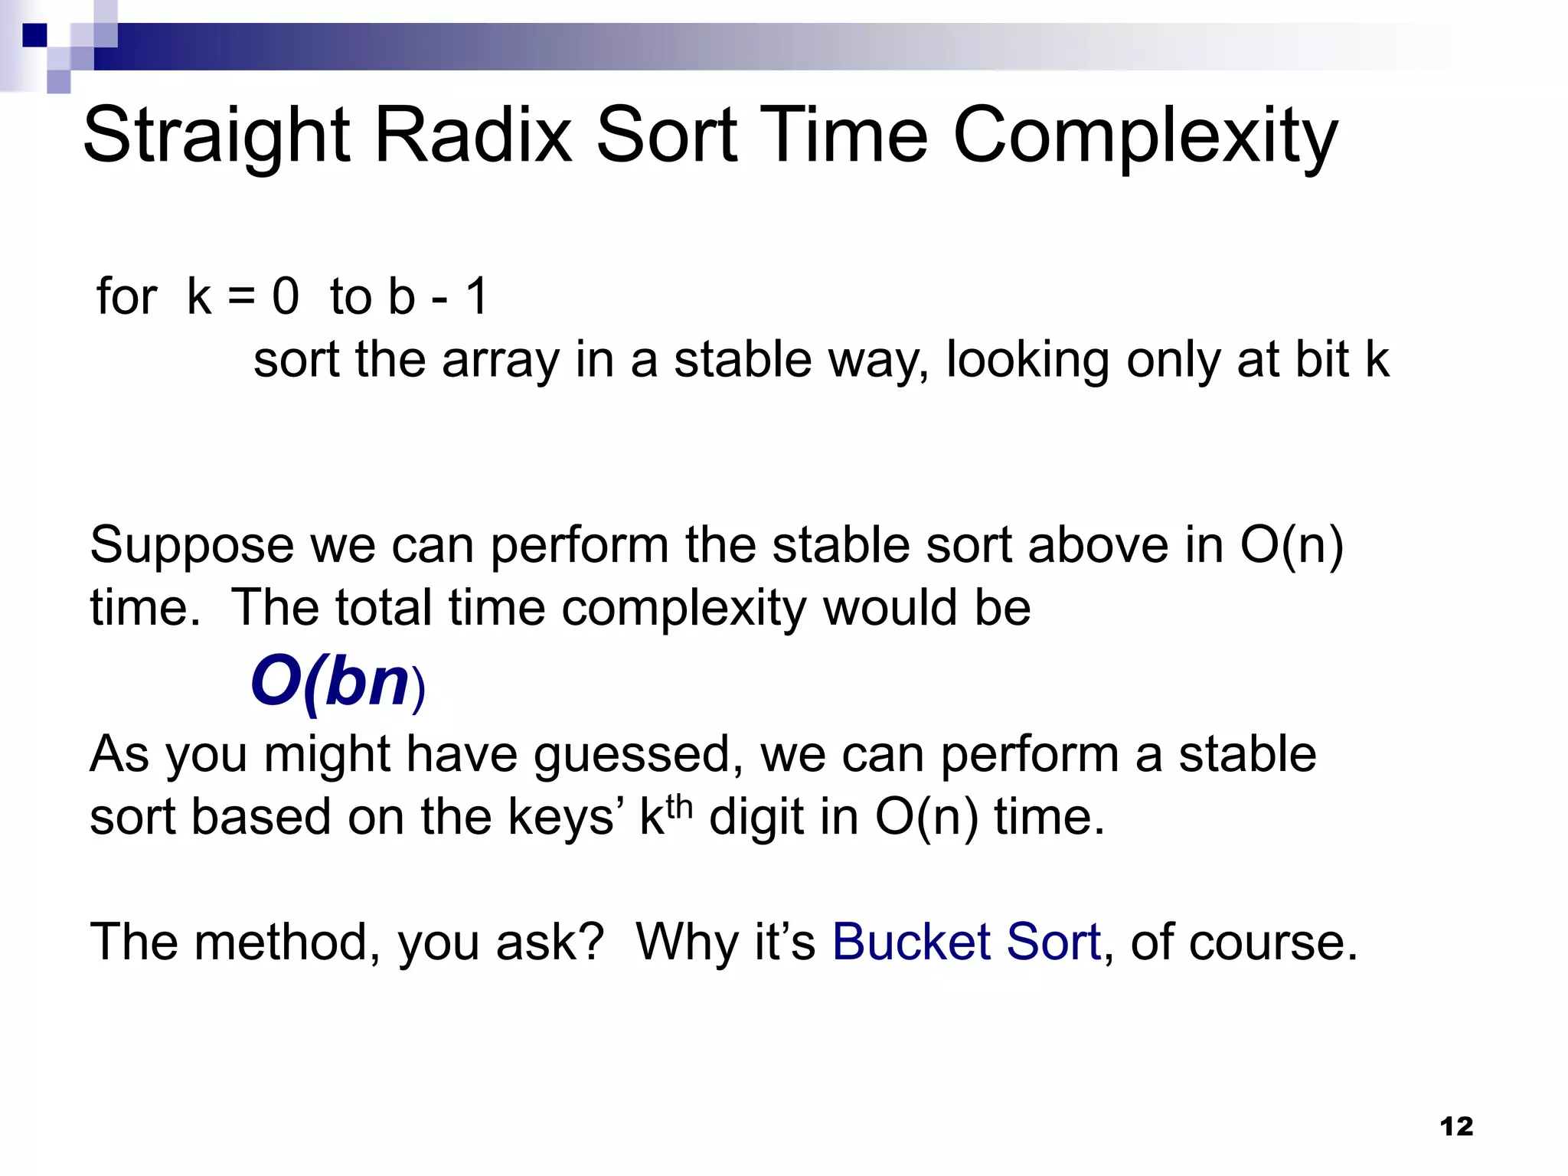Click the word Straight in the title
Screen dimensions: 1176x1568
click(x=216, y=136)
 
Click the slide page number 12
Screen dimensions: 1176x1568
click(x=1456, y=1126)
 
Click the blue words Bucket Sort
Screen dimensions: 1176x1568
click(x=966, y=942)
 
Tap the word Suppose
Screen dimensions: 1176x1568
click(x=191, y=547)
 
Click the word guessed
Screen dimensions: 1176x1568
click(x=638, y=756)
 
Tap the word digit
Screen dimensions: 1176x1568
click(x=756, y=818)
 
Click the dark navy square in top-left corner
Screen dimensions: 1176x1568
click(x=34, y=35)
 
